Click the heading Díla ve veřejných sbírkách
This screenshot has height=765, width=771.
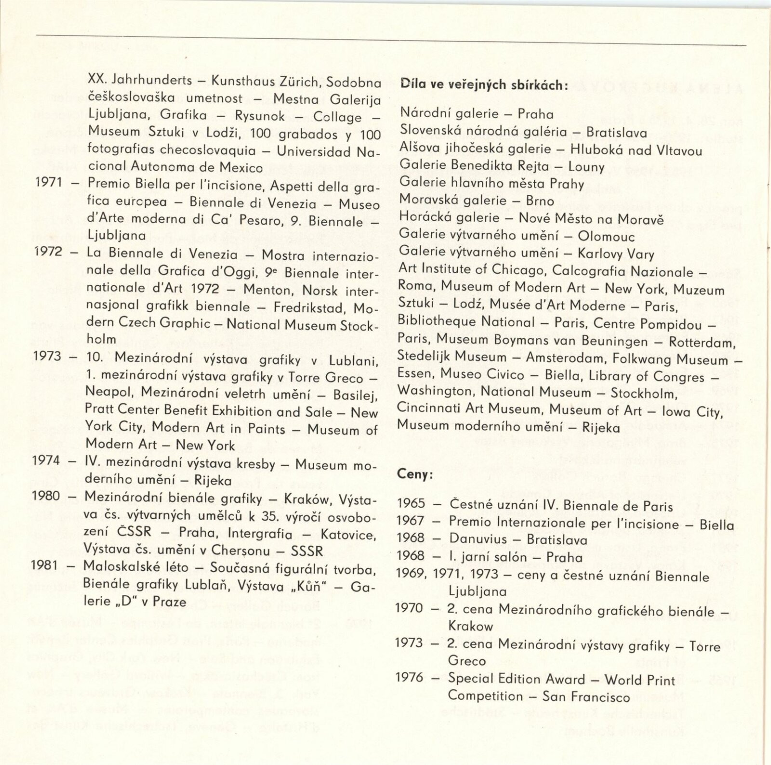click(x=484, y=85)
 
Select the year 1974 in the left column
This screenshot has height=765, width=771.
click(x=47, y=461)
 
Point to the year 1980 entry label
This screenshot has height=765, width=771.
click(x=46, y=496)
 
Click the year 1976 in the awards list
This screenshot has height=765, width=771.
click(x=409, y=678)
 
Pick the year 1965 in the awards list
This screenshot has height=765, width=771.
click(x=411, y=504)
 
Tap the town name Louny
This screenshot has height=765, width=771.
click(x=586, y=167)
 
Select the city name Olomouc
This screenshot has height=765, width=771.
click(x=606, y=237)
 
